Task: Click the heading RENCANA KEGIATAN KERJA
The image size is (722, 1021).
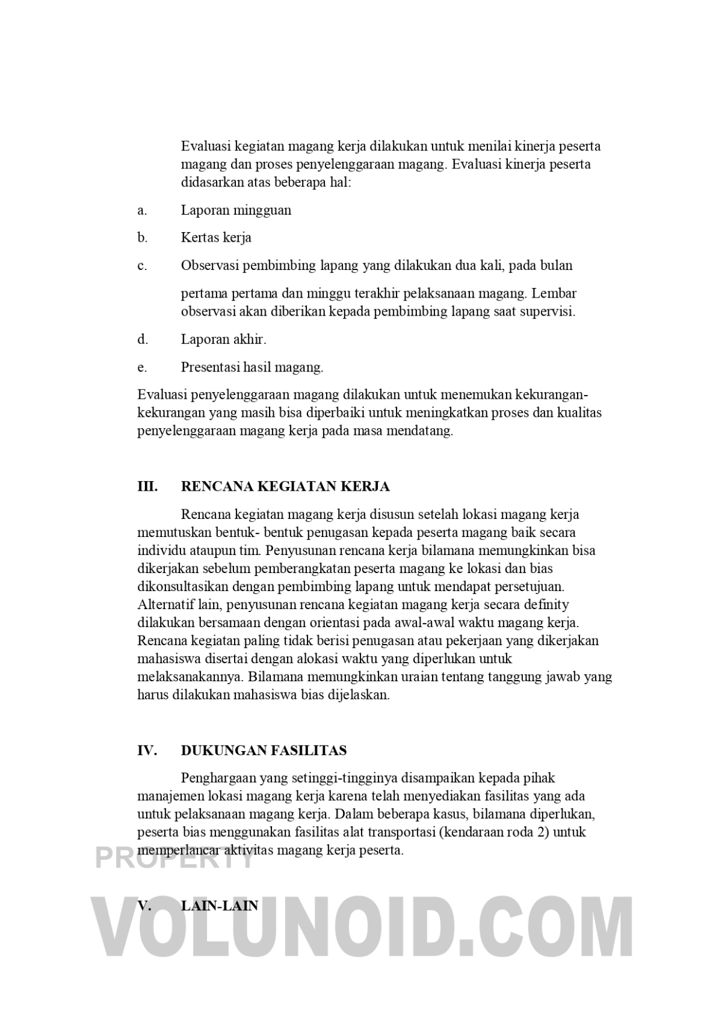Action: coord(285,486)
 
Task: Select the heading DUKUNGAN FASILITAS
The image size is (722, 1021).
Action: coord(264,750)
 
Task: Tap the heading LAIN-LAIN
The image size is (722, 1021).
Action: coord(219,906)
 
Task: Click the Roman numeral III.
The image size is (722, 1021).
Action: coord(147,486)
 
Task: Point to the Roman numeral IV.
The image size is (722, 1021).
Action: coord(147,750)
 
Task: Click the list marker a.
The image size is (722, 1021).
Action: coord(142,210)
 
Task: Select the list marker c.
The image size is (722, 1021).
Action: coord(142,265)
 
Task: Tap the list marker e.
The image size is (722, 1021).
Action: coord(142,367)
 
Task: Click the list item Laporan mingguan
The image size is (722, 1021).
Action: coord(236,210)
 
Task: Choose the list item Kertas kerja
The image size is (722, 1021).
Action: coord(216,238)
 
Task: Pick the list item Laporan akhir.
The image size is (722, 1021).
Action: coord(223,339)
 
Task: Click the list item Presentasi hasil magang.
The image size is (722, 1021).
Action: coord(252,367)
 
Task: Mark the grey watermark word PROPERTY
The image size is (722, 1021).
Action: coord(174,858)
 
